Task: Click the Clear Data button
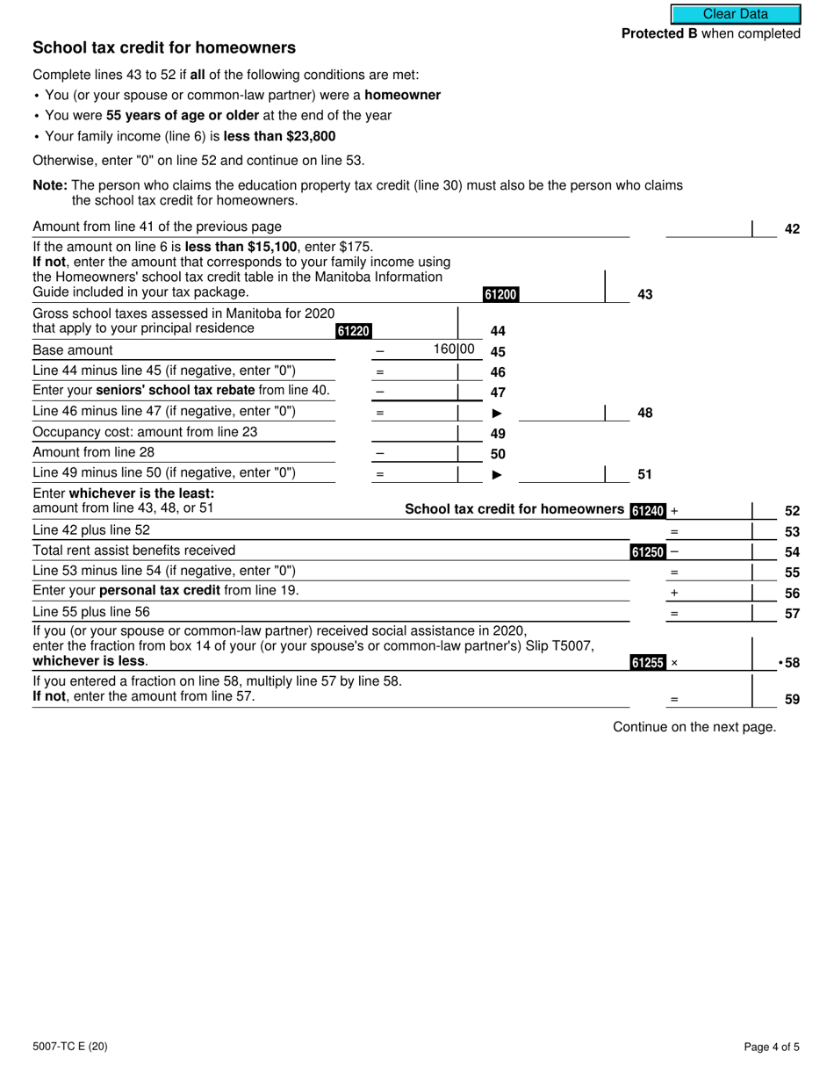[x=736, y=14]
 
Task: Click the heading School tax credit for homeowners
[x=164, y=48]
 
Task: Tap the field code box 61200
[x=500, y=295]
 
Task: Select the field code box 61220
[x=354, y=331]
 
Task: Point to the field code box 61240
[x=648, y=510]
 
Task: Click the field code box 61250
[x=648, y=552]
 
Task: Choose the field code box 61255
[x=648, y=663]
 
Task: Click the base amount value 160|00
[x=454, y=349]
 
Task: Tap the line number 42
[x=792, y=229]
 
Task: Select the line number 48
[x=644, y=413]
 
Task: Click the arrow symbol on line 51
[x=497, y=475]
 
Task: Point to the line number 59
[x=792, y=700]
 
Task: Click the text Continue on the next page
[x=694, y=726]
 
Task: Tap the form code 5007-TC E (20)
[x=70, y=1046]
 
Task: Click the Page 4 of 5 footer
[x=772, y=1046]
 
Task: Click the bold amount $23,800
[x=304, y=136]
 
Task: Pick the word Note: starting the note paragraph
[x=50, y=185]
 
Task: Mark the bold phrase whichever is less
[x=90, y=661]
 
